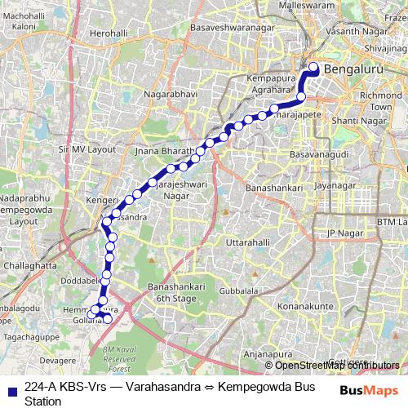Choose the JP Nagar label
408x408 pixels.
344,233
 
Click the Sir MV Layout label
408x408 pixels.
87,150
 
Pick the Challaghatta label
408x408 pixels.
30,265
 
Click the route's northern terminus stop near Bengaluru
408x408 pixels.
313,67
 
